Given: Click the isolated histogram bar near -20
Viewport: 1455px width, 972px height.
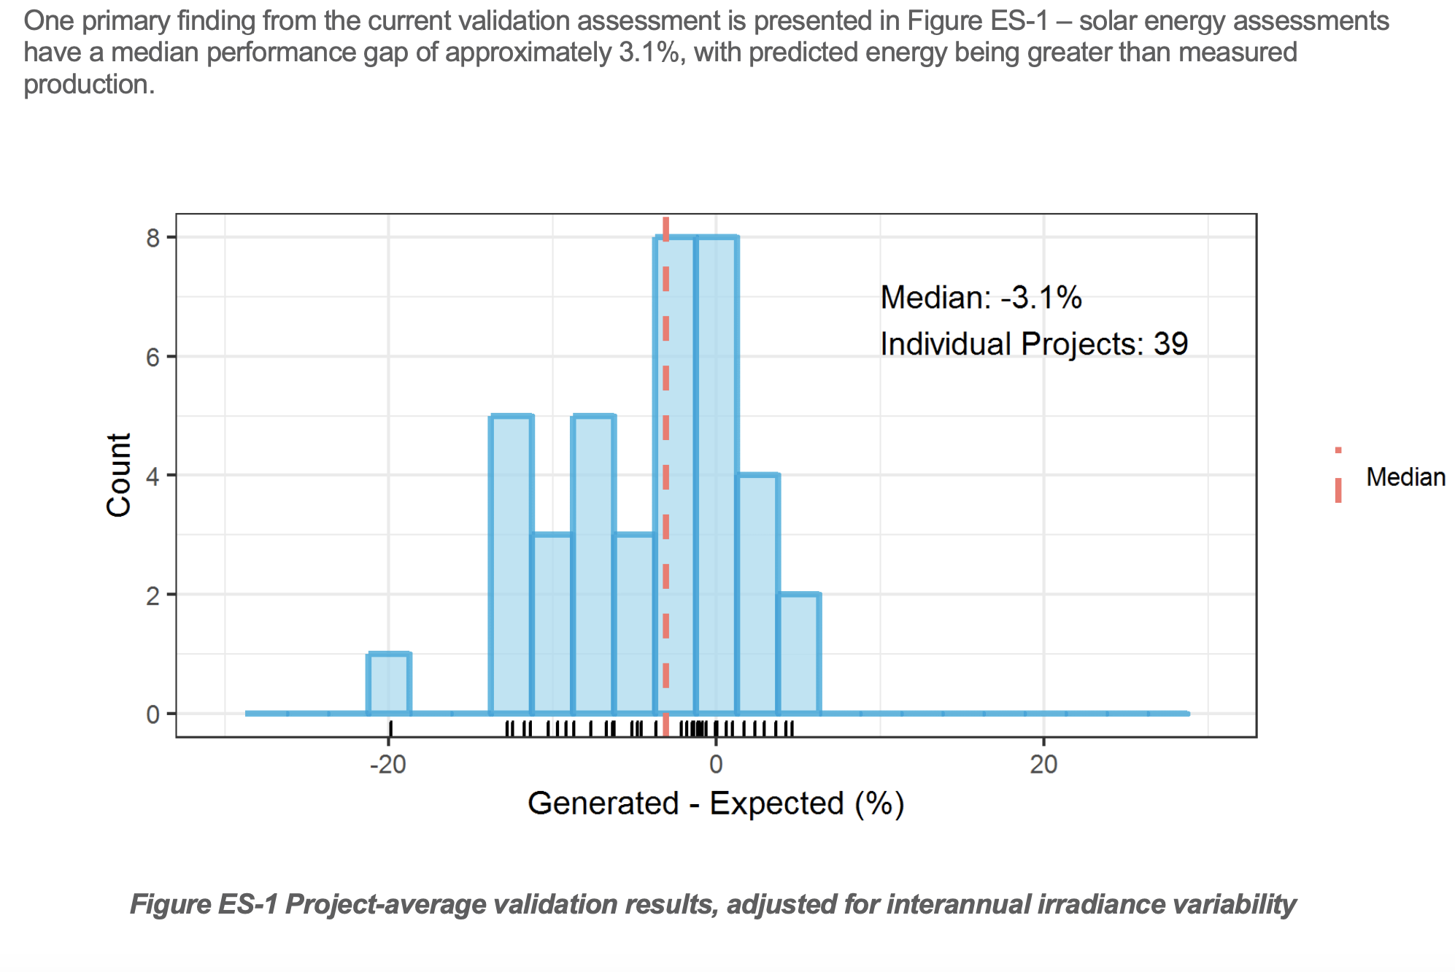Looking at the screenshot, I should point(389,684).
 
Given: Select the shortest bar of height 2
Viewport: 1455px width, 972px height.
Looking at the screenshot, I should point(800,654).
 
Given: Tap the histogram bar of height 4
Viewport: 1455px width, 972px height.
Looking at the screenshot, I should point(759,594).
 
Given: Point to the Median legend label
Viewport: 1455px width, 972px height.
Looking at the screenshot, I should point(1405,477).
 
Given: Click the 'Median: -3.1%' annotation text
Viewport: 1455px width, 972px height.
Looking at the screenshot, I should point(981,298).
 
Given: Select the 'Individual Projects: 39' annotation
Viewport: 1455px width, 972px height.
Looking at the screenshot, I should point(1034,344).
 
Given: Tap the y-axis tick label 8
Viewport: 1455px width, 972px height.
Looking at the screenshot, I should point(153,238).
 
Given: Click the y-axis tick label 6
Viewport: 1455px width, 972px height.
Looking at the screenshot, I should point(153,357).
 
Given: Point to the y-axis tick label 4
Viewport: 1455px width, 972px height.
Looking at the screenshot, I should point(153,476).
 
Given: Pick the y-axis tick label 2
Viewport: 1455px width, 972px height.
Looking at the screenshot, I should point(153,595).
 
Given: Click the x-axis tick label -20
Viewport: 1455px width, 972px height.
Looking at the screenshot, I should point(387,764).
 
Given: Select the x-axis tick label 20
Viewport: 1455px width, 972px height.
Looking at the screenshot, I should point(1043,764).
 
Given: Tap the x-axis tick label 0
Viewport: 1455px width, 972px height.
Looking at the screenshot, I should point(716,764).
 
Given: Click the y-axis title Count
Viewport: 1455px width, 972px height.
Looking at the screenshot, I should point(119,475).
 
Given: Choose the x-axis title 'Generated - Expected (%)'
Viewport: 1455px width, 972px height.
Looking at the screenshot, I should point(716,803).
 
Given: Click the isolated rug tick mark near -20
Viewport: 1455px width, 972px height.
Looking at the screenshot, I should point(391,728).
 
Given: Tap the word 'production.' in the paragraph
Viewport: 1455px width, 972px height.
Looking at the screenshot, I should point(89,85).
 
